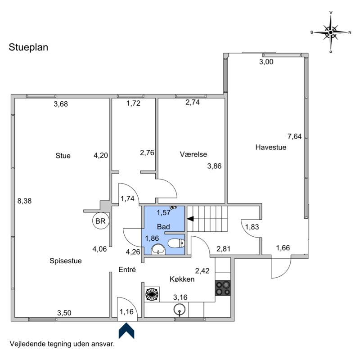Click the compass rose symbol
(331, 32)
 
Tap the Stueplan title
(28, 47)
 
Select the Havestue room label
(271, 147)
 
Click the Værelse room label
(193, 154)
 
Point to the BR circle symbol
(100, 221)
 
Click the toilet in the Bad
(176, 243)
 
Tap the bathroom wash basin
(158, 249)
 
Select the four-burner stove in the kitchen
(223, 288)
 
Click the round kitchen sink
(180, 310)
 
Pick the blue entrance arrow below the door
(126, 331)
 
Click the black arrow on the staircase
(190, 219)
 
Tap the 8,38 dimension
(25, 201)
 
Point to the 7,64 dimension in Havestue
(295, 136)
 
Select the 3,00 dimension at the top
(266, 62)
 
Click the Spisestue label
(66, 261)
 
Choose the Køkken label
(182, 279)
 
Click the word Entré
(127, 270)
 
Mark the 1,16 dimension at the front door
(126, 312)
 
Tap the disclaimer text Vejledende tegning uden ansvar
(62, 344)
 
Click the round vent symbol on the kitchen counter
(152, 294)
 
